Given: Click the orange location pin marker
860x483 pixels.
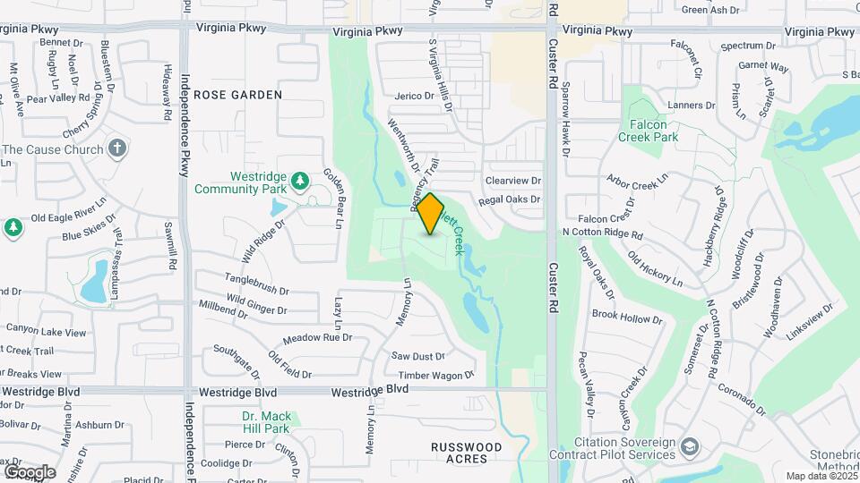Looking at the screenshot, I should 430,213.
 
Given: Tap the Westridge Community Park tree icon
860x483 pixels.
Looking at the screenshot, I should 302,183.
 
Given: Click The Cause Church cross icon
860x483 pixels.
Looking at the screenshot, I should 117,148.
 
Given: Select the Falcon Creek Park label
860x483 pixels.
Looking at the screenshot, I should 648,131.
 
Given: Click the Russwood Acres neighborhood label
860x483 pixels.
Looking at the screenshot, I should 466,452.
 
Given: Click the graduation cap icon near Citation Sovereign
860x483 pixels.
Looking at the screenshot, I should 689,445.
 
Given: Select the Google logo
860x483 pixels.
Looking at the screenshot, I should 30,471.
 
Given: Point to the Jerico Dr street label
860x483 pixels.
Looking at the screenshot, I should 413,96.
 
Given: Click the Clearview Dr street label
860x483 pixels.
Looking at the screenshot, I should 513,181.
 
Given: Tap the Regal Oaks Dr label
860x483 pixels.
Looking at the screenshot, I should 510,199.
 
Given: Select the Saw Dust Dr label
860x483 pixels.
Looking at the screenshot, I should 418,356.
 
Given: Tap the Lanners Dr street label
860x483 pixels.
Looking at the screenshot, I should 692,105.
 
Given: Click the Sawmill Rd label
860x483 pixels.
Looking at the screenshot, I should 168,246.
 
